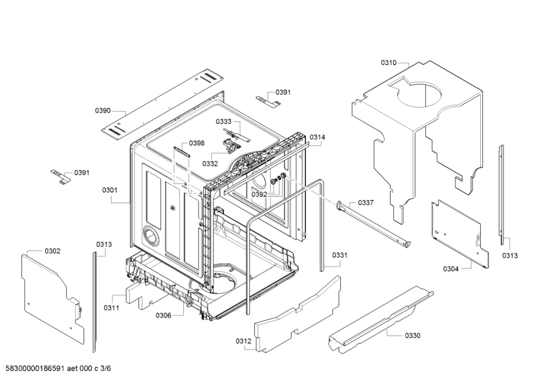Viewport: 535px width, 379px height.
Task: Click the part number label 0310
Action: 389,63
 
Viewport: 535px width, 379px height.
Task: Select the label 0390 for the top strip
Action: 102,111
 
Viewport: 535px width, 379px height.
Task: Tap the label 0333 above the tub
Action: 223,122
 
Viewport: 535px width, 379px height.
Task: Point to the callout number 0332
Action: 210,163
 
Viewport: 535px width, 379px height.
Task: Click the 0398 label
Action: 197,143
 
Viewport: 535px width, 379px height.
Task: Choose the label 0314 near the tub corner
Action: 317,137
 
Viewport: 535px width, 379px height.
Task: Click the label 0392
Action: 259,195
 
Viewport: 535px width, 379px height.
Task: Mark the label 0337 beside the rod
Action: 366,203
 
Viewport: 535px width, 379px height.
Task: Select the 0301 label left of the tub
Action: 110,190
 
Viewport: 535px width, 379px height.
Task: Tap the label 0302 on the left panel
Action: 52,251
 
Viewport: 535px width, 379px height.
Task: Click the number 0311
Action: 111,308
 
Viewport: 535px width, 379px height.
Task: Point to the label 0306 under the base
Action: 163,315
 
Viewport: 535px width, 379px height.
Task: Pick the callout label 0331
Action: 340,255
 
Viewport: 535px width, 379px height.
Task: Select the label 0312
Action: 243,342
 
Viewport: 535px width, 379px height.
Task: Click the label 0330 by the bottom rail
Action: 413,335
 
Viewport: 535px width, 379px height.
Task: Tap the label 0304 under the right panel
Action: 451,269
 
